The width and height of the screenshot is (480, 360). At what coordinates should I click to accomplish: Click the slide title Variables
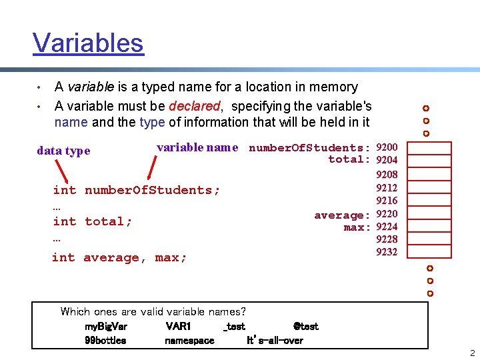(x=88, y=43)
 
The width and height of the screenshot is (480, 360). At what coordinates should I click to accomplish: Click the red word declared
(x=194, y=106)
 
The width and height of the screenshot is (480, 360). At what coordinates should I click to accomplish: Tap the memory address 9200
(x=387, y=147)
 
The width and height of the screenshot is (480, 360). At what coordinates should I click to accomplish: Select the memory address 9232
(x=387, y=252)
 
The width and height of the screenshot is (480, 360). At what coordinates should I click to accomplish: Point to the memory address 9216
(x=387, y=200)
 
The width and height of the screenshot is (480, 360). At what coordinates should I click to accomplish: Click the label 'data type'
(x=63, y=151)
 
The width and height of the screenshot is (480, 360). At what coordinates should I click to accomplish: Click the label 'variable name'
(x=197, y=147)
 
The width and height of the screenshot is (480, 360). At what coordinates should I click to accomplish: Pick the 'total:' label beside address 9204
(x=349, y=159)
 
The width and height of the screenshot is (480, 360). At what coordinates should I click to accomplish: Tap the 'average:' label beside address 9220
(x=342, y=215)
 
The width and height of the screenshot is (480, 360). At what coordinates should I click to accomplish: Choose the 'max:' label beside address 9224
(x=357, y=227)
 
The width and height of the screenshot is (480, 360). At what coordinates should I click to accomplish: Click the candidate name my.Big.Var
(x=105, y=327)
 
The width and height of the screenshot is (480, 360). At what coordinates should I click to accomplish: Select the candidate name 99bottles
(x=105, y=340)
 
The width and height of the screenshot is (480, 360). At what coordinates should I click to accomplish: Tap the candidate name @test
(x=306, y=327)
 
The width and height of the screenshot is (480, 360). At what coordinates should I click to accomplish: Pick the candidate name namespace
(x=189, y=340)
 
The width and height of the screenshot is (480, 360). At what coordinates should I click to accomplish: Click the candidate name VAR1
(x=178, y=327)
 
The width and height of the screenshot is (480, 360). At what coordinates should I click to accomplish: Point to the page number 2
(x=472, y=353)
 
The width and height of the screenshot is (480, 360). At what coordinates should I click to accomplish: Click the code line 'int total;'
(x=93, y=221)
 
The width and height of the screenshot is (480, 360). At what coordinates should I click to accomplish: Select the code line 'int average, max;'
(x=119, y=257)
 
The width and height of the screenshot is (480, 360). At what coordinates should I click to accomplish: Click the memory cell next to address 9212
(x=429, y=187)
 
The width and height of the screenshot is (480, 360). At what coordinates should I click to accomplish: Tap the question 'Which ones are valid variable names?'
(x=153, y=311)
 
